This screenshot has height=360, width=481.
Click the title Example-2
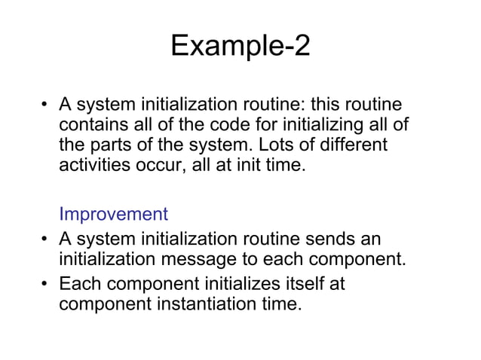tap(240, 47)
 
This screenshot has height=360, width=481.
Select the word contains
tap(93, 124)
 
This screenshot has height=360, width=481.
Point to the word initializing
tap(302, 124)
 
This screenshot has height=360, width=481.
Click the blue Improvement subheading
tap(113, 214)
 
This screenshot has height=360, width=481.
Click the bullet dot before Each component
tap(46, 286)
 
